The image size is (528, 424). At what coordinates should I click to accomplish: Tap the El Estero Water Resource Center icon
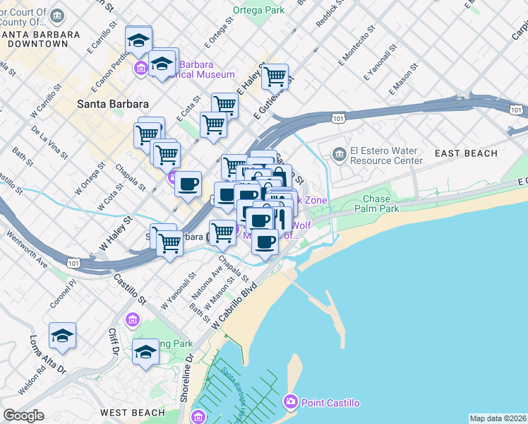(339, 153)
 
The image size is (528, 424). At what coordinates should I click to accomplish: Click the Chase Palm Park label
(380, 204)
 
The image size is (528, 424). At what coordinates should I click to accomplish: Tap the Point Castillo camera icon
(289, 403)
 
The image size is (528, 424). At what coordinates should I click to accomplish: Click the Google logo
(23, 416)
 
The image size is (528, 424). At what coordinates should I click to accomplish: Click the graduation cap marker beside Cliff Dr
(145, 352)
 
